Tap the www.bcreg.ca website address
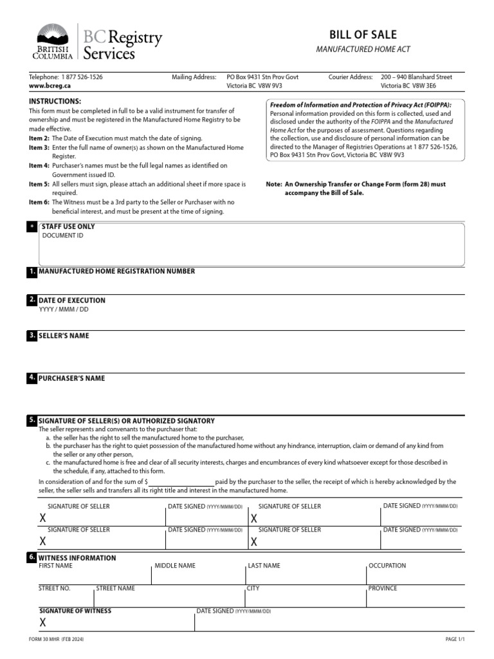pos(50,86)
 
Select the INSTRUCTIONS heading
pos(55,102)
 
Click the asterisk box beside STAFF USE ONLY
pos(32,227)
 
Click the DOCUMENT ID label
pos(62,236)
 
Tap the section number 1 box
pos(32,272)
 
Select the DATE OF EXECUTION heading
pos(72,301)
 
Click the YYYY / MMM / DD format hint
pos(64,310)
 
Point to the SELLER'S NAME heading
pos(64,336)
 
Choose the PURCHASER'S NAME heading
pos(71,378)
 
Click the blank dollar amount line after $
pos(181,482)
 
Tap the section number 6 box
pos(32,557)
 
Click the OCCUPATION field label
pos(387,566)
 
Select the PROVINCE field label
pos(383,588)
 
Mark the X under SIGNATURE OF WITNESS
pos(43,622)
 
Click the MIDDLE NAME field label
pos(175,566)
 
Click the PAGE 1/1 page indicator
pos(454,640)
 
